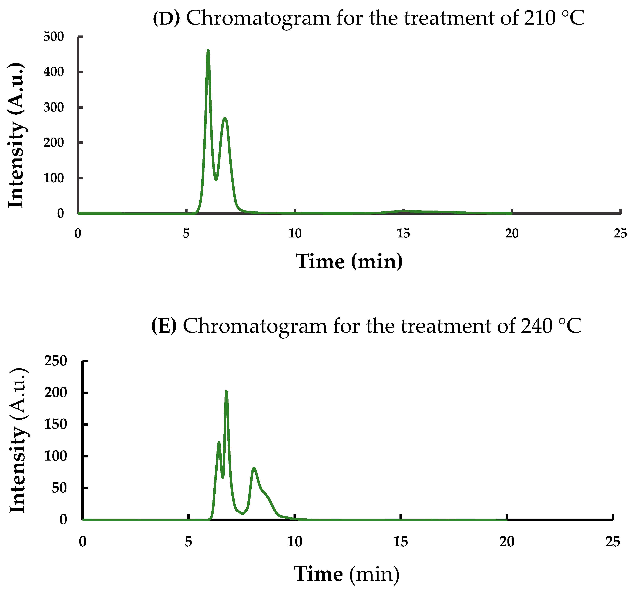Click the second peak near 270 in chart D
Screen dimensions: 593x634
click(x=225, y=118)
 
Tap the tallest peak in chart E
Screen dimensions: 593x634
click(x=227, y=392)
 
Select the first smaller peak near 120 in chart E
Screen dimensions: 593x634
click(x=219, y=443)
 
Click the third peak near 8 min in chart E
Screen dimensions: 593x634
click(x=254, y=468)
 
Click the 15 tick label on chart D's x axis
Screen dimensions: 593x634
click(x=403, y=234)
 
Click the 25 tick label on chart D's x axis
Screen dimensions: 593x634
click(x=620, y=234)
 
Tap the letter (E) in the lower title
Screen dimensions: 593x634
click(x=164, y=326)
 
